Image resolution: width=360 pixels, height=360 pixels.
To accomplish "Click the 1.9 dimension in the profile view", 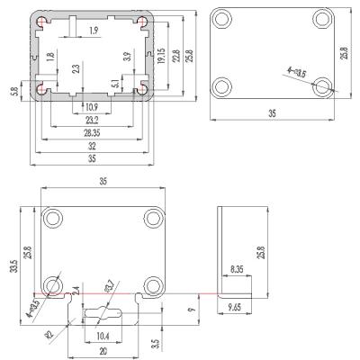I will click(x=94, y=31).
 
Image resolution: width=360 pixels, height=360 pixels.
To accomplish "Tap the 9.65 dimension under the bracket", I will click(x=237, y=308).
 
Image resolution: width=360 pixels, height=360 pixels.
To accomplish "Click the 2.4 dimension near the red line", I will click(x=76, y=292).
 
